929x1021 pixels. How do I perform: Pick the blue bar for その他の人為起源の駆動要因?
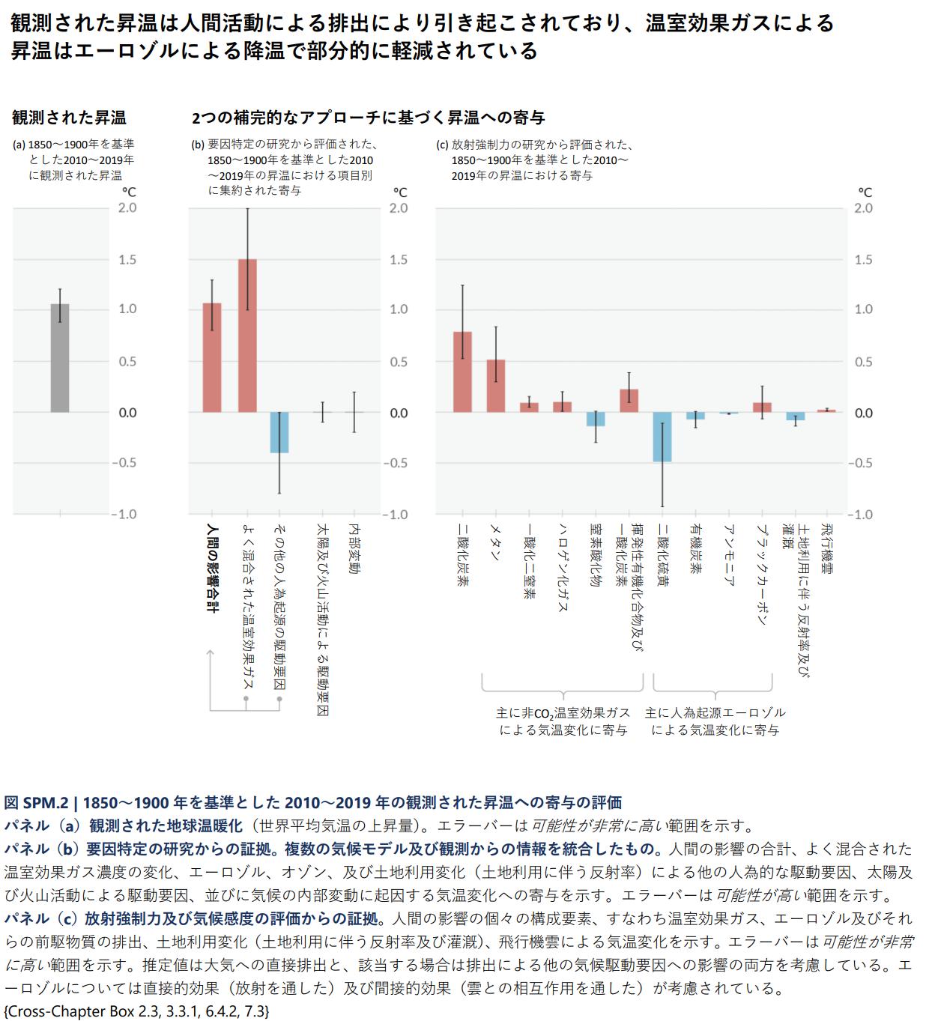pos(279,432)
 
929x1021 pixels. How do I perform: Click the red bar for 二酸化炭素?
pos(463,372)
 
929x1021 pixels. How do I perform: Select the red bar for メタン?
pos(496,386)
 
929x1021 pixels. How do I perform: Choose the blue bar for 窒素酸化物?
pos(596,419)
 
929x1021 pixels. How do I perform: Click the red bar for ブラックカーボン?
pos(762,408)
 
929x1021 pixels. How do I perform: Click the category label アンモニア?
pos(728,554)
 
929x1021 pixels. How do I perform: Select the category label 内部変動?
pos(354,550)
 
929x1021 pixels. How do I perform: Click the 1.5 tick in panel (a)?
pos(127,260)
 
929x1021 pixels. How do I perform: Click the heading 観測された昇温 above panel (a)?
pos(69,118)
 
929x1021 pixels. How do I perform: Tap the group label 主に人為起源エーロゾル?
pos(715,721)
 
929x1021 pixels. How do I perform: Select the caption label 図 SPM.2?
pos(37,803)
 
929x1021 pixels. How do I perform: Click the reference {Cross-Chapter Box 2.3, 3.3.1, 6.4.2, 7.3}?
pos(136,1011)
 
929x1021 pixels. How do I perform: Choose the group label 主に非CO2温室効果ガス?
pos(563,721)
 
